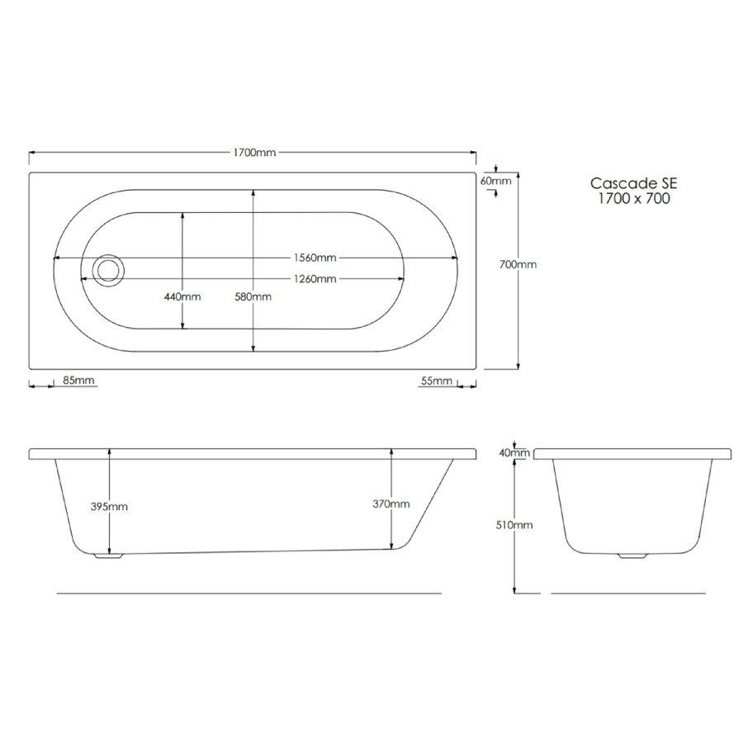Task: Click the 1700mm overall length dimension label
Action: click(x=254, y=153)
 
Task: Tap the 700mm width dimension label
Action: click(x=518, y=264)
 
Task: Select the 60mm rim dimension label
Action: click(x=495, y=181)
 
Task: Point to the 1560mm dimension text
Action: click(x=315, y=258)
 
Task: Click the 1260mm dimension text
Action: click(x=315, y=279)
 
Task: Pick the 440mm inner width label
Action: click(x=182, y=296)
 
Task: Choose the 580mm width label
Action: click(x=253, y=296)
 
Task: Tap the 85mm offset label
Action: click(x=78, y=380)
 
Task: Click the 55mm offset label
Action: click(x=437, y=381)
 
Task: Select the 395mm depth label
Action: click(x=109, y=507)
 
